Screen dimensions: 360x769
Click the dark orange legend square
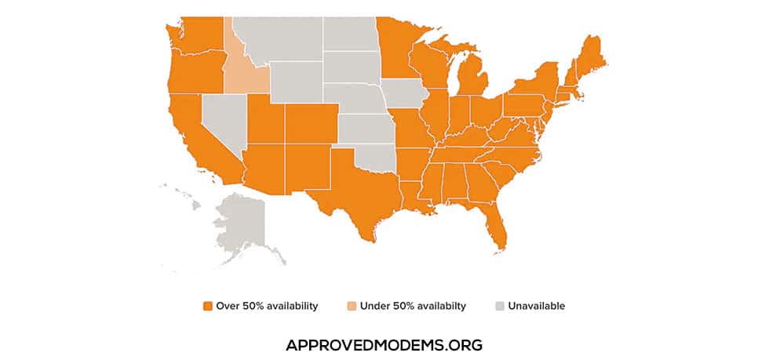coord(208,306)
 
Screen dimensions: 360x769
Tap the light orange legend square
coord(352,306)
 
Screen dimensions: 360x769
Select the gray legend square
coord(500,306)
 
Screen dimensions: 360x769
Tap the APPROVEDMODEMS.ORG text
coord(384,345)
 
